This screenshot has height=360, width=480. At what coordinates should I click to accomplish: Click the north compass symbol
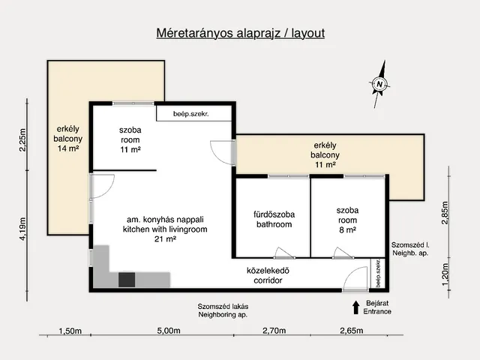click(379, 84)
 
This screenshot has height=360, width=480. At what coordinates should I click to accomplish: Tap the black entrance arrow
click(355, 307)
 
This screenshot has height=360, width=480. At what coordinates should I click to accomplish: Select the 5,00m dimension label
click(169, 331)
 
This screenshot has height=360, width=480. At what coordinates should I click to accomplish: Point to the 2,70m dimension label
click(274, 331)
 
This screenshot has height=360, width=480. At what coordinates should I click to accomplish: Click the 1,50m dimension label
click(70, 331)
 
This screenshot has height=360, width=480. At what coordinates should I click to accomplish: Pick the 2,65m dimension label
click(352, 331)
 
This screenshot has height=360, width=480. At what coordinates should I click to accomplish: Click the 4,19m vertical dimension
click(22, 229)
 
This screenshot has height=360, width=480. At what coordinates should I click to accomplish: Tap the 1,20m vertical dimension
click(445, 274)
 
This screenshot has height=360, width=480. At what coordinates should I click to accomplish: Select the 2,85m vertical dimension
click(445, 213)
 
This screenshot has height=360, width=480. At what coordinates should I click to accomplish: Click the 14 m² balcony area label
click(68, 148)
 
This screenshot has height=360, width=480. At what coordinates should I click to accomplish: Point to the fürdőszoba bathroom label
click(274, 219)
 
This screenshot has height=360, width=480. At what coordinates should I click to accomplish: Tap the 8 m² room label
click(347, 229)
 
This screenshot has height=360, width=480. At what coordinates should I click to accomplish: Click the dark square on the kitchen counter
click(127, 280)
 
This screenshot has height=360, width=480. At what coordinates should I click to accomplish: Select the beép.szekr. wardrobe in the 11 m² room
click(194, 113)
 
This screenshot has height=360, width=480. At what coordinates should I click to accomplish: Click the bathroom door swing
click(284, 253)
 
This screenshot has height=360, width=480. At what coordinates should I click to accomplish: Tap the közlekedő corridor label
click(268, 275)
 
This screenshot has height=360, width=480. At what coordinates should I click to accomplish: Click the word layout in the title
click(308, 33)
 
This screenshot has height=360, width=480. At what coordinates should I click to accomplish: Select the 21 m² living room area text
click(165, 239)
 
